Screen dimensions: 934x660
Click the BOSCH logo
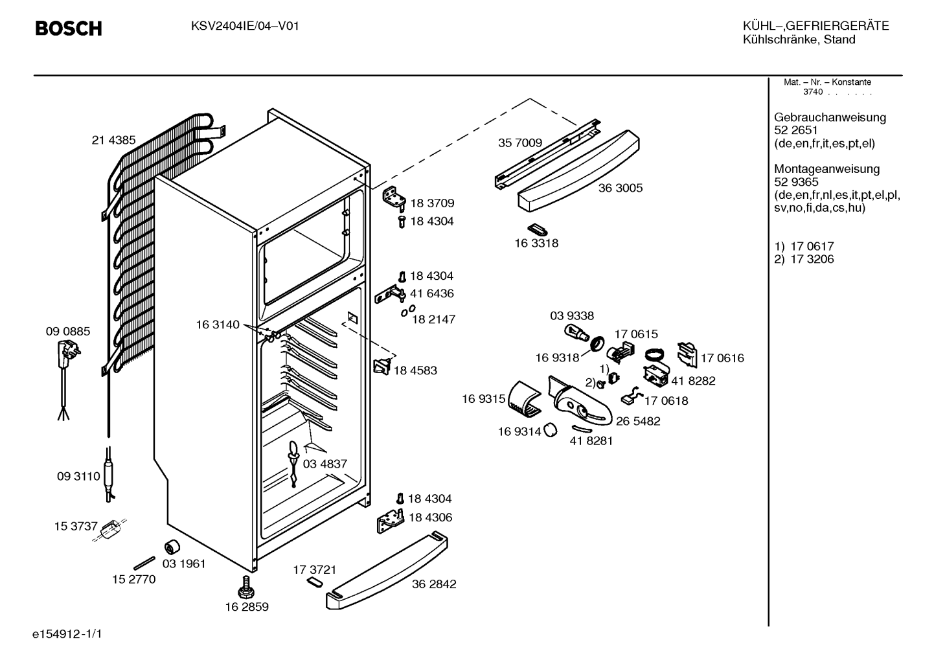tap(69, 28)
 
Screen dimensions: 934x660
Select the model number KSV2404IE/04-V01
tap(245, 27)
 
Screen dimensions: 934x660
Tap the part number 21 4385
tap(113, 140)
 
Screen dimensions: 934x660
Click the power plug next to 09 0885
tap(69, 353)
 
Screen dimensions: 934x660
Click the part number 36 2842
tap(434, 584)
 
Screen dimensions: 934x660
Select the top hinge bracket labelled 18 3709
tap(394, 197)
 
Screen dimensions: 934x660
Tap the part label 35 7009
tap(520, 143)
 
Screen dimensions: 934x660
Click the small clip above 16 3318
tap(538, 230)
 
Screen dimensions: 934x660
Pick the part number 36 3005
tap(621, 188)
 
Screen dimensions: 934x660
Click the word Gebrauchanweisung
tap(830, 117)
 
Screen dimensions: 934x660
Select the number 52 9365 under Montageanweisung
tap(796, 182)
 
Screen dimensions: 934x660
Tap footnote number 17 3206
tap(812, 259)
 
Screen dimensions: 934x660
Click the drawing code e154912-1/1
tap(67, 634)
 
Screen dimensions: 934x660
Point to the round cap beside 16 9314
tap(551, 430)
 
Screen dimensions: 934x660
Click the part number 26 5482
tap(638, 421)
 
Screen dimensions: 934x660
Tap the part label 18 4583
tap(415, 370)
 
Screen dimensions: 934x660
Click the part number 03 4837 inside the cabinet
tap(325, 464)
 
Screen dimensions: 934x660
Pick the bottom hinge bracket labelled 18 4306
tap(391, 521)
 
